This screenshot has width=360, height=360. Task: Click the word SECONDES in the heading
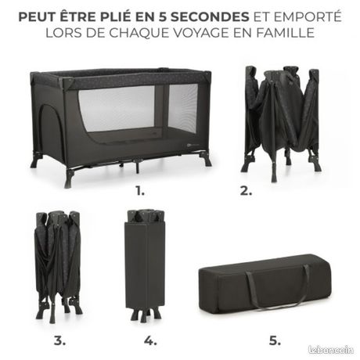coord(210,16)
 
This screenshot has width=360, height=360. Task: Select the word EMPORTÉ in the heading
coord(308,16)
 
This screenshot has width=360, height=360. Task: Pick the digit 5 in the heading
coord(163,16)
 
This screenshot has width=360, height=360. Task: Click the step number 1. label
coord(140,191)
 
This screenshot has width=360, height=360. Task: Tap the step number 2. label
coord(246,191)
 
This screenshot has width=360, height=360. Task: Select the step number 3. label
coord(59,340)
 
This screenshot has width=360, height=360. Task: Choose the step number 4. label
coord(150,340)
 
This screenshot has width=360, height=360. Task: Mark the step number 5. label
coord(275,340)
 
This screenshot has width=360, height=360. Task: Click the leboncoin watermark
coord(331,350)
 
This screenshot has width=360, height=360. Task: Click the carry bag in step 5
coord(265,284)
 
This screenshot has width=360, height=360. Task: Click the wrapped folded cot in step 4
coord(146,265)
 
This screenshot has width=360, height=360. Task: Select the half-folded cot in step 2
coord(282,123)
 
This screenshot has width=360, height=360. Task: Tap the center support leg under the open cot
coord(138,166)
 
